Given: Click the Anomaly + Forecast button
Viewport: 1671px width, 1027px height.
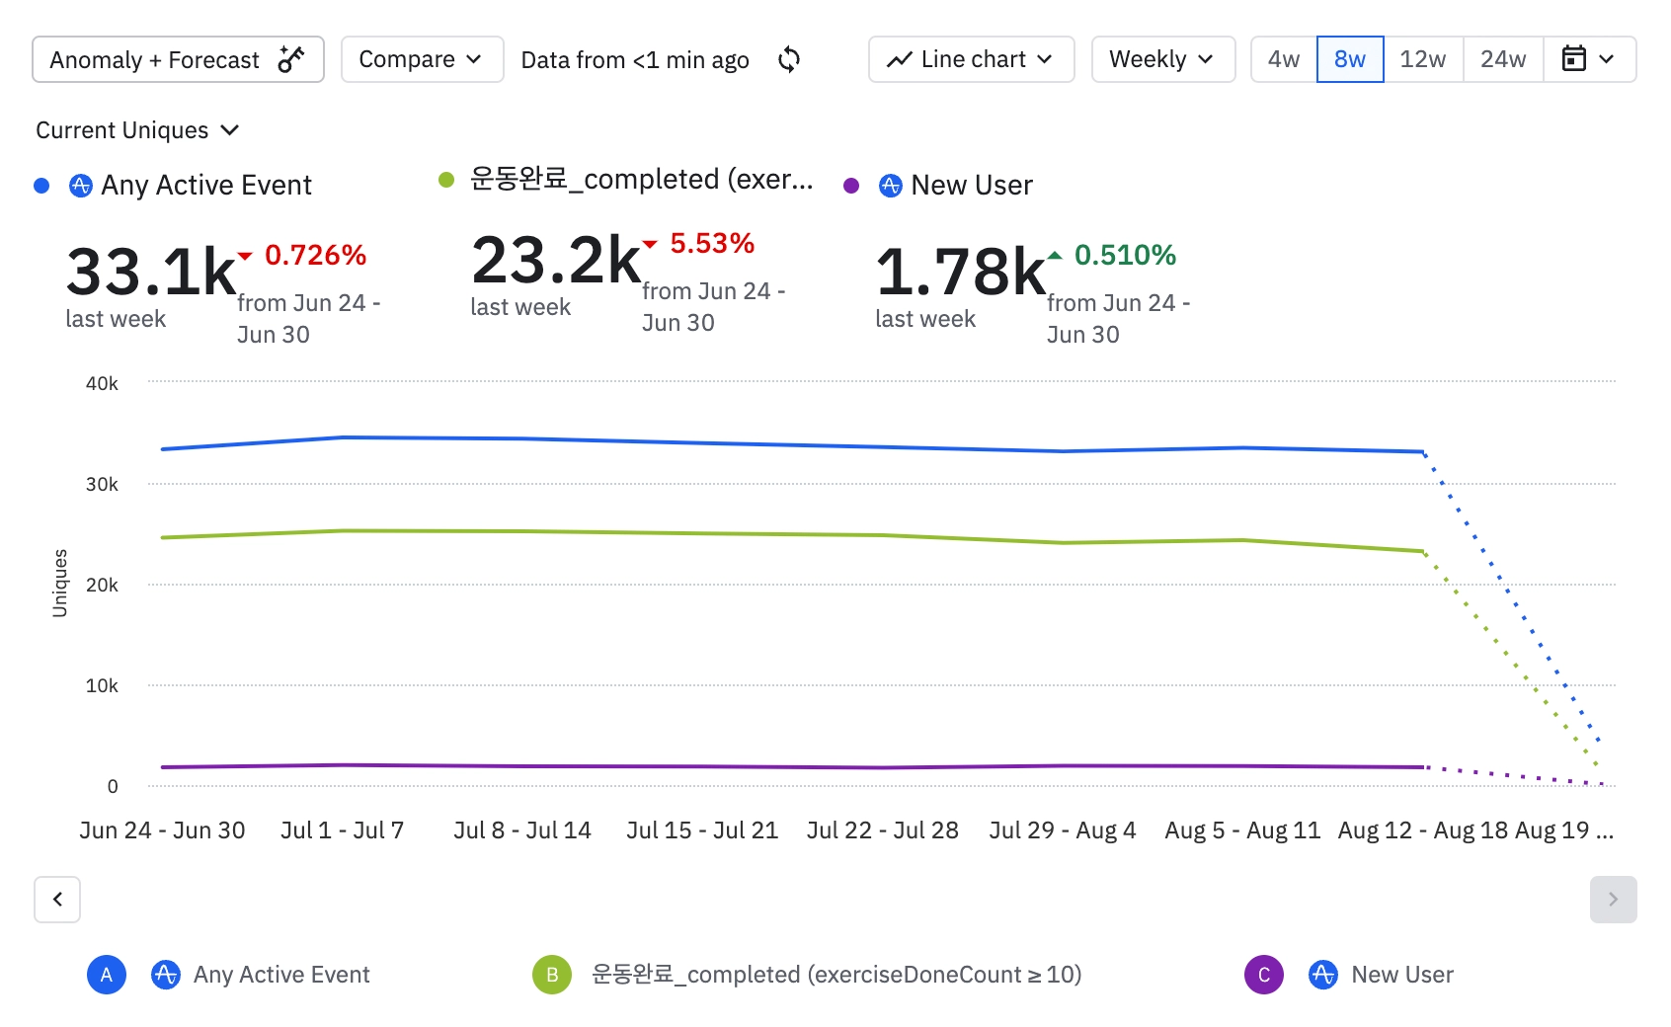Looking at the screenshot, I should point(178,60).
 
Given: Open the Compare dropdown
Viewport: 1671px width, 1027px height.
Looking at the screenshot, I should point(422,60).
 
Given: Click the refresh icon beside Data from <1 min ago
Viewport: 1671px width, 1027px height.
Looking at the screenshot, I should point(788,60).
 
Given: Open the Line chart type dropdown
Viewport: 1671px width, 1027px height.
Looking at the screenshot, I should point(971,60).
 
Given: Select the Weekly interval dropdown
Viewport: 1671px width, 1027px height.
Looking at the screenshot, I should point(1162,60).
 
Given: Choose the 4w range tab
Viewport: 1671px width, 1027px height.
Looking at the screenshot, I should point(1283,60).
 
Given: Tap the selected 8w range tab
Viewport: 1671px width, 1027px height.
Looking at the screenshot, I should point(1349,60).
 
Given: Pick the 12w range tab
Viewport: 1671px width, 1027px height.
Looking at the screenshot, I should point(1422,60).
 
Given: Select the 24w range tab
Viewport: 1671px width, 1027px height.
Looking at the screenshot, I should point(1502,60).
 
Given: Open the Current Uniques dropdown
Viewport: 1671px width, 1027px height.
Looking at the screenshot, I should point(137,130).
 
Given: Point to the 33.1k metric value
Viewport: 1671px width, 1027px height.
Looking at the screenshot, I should point(150,272).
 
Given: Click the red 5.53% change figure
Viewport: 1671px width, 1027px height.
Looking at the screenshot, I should point(711,244).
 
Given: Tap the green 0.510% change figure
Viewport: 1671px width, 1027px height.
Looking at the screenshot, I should point(1124,256).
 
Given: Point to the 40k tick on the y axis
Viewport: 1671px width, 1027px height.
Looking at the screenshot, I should point(102,383).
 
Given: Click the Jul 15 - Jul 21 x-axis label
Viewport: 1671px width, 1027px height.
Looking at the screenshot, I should point(701,830).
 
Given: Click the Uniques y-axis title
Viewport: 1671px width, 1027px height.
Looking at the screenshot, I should point(60,583).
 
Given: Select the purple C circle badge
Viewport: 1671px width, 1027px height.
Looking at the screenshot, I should point(1263,975).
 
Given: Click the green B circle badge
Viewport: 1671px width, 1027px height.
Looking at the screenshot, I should point(552,975).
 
